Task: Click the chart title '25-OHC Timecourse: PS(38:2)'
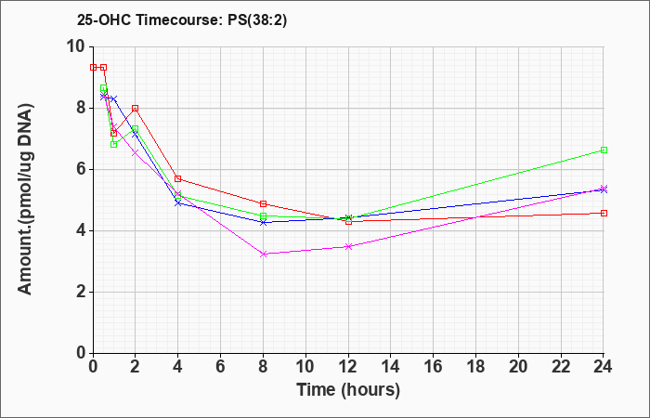[182, 20]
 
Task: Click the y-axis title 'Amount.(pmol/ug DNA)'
[25, 200]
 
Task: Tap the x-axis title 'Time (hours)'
[348, 390]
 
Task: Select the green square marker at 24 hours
[604, 150]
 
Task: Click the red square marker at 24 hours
[604, 213]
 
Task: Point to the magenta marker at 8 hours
[263, 254]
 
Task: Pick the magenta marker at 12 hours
[348, 247]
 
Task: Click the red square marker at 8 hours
[263, 203]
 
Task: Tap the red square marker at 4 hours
[178, 178]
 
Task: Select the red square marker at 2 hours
[136, 109]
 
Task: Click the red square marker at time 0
[93, 67]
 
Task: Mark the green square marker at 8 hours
[263, 216]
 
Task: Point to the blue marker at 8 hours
[263, 223]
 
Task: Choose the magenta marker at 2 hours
[136, 153]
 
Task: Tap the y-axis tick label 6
[83, 169]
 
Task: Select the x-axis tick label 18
[475, 367]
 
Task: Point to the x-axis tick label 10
[305, 367]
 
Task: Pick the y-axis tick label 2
[83, 292]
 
